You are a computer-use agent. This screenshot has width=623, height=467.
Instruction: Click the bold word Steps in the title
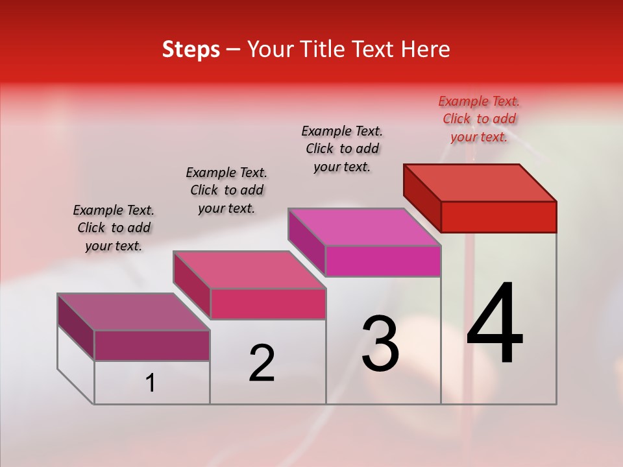coord(191,49)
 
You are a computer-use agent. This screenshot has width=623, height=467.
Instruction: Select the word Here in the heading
coord(425,49)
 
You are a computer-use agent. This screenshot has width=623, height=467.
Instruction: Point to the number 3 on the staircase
coord(380,344)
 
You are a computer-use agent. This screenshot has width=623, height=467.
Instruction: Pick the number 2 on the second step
coord(262,363)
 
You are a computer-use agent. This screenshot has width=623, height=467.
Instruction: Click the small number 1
coord(151,383)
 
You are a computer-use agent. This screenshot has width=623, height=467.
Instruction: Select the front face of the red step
coord(498,217)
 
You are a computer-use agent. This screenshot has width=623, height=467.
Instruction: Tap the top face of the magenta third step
coord(365,227)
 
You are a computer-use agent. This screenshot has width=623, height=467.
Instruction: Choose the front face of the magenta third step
coord(383,261)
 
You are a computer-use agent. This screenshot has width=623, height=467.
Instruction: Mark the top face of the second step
coord(249,270)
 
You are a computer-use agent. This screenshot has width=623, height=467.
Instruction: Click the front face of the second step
coord(268,304)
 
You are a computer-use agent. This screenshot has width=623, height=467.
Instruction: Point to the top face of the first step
coord(134,312)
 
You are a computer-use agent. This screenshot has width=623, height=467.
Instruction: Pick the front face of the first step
coord(152,345)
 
